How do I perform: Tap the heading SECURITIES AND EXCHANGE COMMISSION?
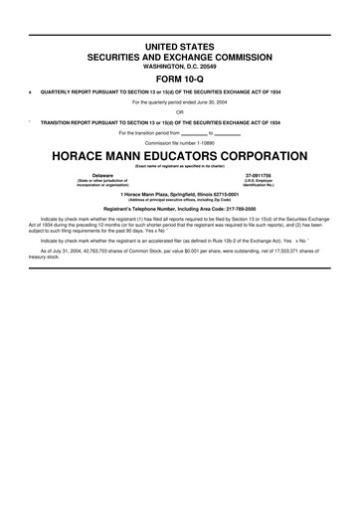pyautogui.click(x=180, y=48)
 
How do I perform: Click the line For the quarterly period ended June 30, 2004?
pyautogui.click(x=180, y=100)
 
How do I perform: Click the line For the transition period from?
pyautogui.click(x=179, y=132)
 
